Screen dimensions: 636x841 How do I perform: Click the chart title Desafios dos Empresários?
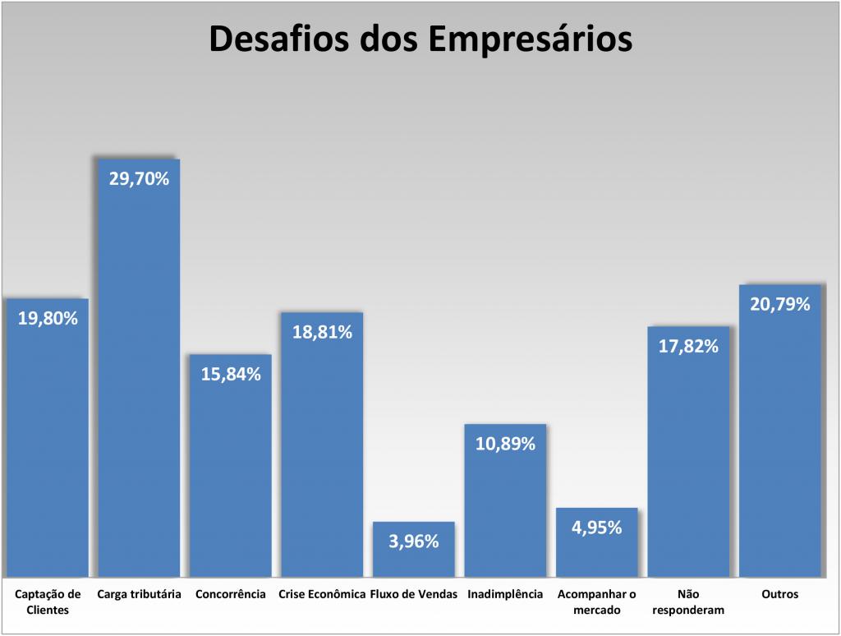pos(420,39)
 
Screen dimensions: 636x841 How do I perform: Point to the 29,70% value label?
pos(139,177)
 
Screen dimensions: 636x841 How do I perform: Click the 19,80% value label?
pos(48,318)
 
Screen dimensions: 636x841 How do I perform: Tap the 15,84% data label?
pos(231,374)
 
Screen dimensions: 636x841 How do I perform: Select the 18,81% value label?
pos(322,332)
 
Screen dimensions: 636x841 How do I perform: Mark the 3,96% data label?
pos(413,541)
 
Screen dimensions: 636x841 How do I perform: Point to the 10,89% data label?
pos(505,444)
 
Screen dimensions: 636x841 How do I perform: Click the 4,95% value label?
pos(596,527)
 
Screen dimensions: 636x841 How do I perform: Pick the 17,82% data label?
pos(688,346)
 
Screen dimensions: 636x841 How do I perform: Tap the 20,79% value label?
pos(779,304)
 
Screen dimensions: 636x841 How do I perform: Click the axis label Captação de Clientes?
pos(48,601)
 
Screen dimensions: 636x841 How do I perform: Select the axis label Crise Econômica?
pos(322,594)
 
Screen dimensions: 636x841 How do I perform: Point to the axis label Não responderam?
pos(688,601)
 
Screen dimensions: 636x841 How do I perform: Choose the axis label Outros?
pos(779,594)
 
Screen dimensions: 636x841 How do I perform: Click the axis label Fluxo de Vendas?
pos(413,594)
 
